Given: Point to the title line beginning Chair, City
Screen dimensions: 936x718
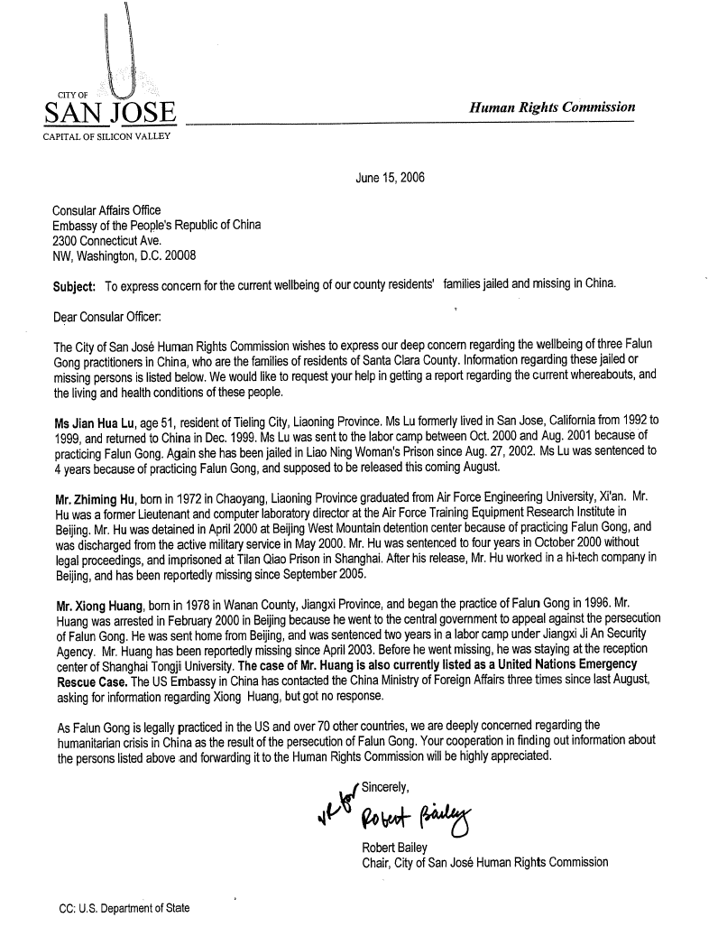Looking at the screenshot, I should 483,862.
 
